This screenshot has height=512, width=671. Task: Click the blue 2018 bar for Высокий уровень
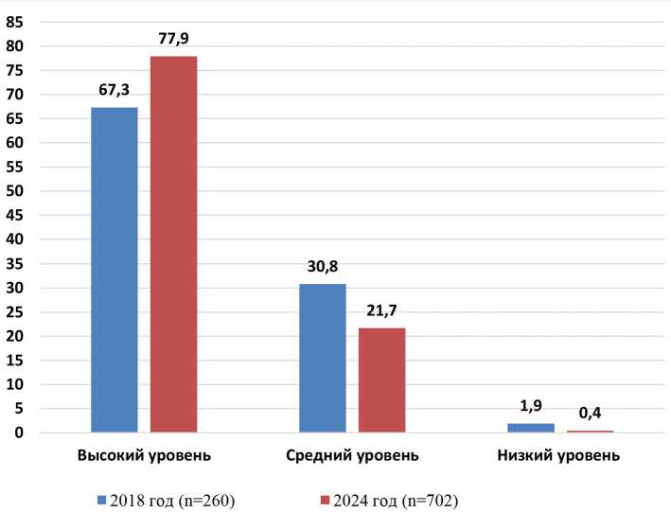point(114,270)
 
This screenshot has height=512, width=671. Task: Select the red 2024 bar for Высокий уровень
point(173,244)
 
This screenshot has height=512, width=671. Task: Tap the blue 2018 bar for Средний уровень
point(322,358)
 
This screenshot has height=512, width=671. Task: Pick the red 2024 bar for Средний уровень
point(381,380)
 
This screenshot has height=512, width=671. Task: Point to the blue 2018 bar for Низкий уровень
point(531,428)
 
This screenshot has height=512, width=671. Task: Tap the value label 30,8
point(322,266)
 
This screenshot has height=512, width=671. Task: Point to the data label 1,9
point(531,406)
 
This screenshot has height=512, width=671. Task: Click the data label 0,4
point(591,413)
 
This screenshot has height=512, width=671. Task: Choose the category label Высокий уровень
point(144,456)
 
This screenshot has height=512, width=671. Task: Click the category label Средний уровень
point(352,456)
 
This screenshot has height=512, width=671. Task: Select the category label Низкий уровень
point(558,456)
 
